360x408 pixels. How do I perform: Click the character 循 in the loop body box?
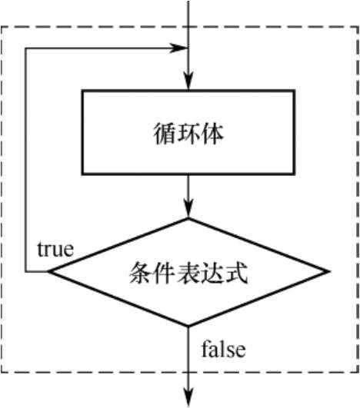[164, 134]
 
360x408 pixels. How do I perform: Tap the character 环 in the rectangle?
[188, 134]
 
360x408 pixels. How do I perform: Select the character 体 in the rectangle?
[212, 134]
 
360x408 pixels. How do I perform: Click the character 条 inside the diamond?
[141, 273]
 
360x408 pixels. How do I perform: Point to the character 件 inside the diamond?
[165, 273]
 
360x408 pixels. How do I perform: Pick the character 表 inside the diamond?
[188, 273]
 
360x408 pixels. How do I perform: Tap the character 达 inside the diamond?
[212, 273]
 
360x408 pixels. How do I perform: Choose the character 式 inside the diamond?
[236, 273]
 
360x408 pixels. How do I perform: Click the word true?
[55, 249]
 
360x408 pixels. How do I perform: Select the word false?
[224, 348]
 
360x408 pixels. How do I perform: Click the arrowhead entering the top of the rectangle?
[188, 81]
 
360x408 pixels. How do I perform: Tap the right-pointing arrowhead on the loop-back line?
[178, 48]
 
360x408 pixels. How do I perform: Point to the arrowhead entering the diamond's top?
[188, 209]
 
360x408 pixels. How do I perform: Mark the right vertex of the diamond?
[329, 272]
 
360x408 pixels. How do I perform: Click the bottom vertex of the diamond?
[188, 326]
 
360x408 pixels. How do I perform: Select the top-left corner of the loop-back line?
[25, 48]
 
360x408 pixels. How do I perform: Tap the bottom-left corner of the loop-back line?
[25, 272]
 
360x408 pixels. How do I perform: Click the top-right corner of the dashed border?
[358, 27]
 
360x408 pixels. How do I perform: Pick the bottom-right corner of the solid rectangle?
[295, 174]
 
